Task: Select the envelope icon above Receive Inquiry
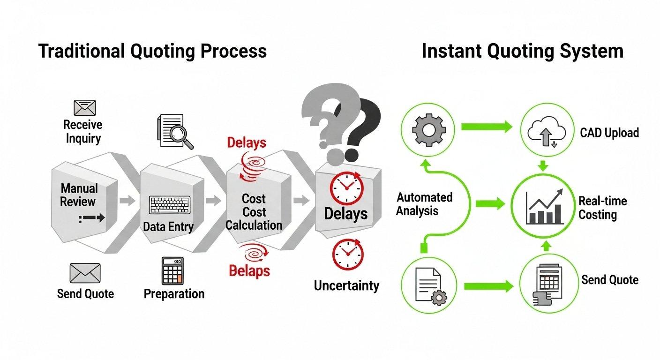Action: coord(85,108)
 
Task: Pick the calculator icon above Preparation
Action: coord(172,270)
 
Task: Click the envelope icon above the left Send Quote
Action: coord(85,273)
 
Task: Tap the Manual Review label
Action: coord(79,195)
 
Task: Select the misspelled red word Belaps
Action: coord(249,270)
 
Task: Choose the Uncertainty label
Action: coord(346,285)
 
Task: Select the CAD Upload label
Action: coord(609,133)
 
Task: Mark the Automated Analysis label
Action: coord(424,204)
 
